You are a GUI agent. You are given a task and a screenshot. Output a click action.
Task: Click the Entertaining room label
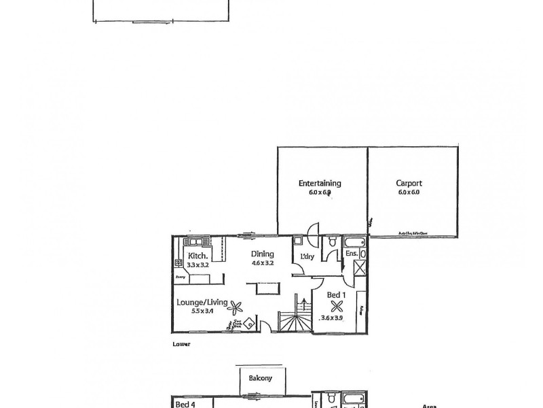(x=320, y=183)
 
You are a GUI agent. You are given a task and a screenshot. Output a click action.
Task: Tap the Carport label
(x=409, y=183)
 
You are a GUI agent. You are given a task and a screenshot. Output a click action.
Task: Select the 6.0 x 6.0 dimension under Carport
(x=409, y=192)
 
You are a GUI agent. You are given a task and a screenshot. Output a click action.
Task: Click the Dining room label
(x=261, y=254)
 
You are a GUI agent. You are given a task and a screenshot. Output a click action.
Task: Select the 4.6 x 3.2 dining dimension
(x=261, y=264)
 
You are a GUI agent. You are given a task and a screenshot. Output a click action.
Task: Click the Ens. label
(x=352, y=254)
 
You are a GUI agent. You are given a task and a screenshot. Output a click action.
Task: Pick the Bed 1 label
(x=335, y=294)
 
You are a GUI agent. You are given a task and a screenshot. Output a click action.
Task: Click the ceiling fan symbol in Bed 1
(x=335, y=306)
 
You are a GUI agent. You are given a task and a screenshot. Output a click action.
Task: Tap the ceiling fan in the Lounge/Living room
(x=236, y=307)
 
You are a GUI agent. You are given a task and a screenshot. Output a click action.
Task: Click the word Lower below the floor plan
(x=181, y=345)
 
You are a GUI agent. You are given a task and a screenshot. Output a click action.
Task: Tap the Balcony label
(x=260, y=378)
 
